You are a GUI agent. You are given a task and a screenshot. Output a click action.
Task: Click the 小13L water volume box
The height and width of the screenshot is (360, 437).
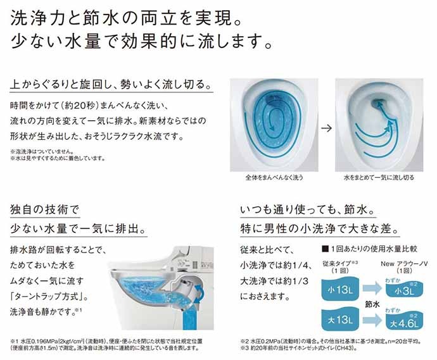(x=340, y=289)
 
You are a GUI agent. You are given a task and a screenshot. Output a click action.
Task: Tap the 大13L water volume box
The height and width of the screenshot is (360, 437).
(x=340, y=319)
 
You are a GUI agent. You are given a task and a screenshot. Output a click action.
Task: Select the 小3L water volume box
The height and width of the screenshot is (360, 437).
(x=405, y=289)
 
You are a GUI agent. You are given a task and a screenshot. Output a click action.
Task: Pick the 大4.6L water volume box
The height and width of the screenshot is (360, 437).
(x=405, y=321)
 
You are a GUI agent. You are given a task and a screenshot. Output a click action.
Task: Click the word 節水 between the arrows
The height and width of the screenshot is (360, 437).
(x=372, y=304)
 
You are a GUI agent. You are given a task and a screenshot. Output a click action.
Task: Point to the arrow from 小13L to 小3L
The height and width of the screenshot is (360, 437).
(x=372, y=288)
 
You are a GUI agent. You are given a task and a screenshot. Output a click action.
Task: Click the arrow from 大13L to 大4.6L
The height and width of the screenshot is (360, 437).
(x=372, y=320)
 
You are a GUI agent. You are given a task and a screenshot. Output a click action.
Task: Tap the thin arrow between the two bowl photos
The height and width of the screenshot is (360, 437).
(x=327, y=128)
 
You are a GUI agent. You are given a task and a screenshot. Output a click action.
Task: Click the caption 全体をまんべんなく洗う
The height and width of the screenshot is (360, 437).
(x=274, y=177)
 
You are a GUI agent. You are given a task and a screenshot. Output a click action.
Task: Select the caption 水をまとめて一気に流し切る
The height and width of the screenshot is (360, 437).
(x=379, y=177)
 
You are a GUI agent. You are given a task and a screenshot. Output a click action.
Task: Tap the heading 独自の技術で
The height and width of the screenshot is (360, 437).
(x=45, y=209)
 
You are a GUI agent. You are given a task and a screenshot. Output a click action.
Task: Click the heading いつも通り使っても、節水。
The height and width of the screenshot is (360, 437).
(x=308, y=209)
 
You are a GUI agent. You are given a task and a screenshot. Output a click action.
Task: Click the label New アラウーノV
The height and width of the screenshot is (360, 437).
(x=405, y=263)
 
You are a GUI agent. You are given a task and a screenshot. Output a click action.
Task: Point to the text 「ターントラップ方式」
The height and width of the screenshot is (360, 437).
(x=49, y=297)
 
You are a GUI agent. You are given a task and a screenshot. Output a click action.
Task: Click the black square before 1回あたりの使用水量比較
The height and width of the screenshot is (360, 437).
(x=325, y=249)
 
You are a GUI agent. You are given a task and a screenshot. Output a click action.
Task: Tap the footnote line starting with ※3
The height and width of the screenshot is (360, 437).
(x=298, y=348)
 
